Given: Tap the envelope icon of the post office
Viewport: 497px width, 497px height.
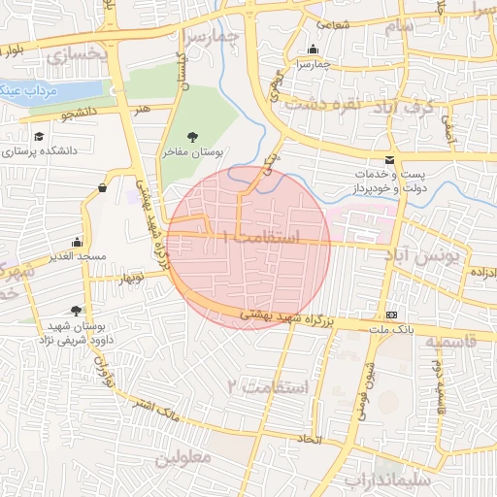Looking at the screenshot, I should click(x=390, y=160).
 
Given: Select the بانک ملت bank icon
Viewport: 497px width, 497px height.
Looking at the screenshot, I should click(x=392, y=315).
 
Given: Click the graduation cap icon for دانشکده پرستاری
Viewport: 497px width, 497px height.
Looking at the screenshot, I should click(x=39, y=137).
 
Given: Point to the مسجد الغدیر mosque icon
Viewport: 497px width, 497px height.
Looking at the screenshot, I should click(x=77, y=243).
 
